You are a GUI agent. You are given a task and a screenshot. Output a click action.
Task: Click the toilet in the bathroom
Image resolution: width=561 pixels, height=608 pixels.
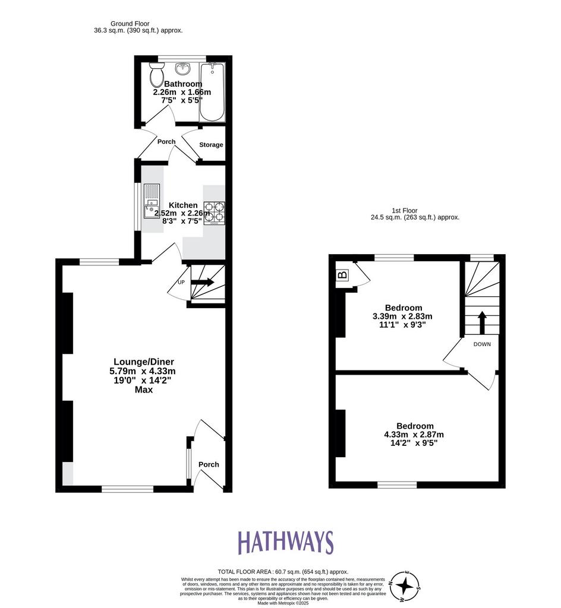(x=157, y=75)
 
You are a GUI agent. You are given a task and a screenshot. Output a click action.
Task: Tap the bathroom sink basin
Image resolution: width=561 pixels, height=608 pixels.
(x=182, y=69)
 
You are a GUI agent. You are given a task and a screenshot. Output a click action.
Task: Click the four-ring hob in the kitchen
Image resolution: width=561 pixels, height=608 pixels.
(x=215, y=213)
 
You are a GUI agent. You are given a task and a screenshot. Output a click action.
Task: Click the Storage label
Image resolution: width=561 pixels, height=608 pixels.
(x=211, y=145)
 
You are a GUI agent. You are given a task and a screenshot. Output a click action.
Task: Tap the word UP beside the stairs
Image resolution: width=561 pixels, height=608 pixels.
(x=181, y=282)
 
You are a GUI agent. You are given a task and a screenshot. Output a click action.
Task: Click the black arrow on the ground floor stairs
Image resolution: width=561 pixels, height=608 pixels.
(x=203, y=282)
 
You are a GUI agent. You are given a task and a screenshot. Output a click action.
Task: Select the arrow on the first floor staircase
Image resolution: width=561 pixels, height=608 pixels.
(x=482, y=322)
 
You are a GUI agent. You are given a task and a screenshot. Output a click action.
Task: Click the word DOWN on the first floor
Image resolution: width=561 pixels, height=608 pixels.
(x=482, y=344)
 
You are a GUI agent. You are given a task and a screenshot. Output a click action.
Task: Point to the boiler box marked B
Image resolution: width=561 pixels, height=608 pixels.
(x=342, y=275)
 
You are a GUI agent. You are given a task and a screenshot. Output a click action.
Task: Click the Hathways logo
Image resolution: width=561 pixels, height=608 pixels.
(x=285, y=542)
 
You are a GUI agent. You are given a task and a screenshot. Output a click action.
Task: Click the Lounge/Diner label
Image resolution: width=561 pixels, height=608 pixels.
(x=144, y=362)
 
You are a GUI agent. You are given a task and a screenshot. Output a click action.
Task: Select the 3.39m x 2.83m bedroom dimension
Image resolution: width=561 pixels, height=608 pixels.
(x=402, y=316)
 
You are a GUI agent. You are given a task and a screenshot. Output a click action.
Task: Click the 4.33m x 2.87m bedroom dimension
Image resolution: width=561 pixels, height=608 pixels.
(x=414, y=435)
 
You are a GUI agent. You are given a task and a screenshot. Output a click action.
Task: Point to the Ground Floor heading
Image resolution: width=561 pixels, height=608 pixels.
(x=130, y=24)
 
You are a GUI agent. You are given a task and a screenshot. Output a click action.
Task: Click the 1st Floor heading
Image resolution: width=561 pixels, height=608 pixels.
(x=405, y=211)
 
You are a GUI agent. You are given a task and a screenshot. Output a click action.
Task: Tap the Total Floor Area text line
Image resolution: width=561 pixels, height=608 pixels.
(x=283, y=572)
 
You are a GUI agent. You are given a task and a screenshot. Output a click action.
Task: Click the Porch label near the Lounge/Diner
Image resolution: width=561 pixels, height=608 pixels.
(x=209, y=464)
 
